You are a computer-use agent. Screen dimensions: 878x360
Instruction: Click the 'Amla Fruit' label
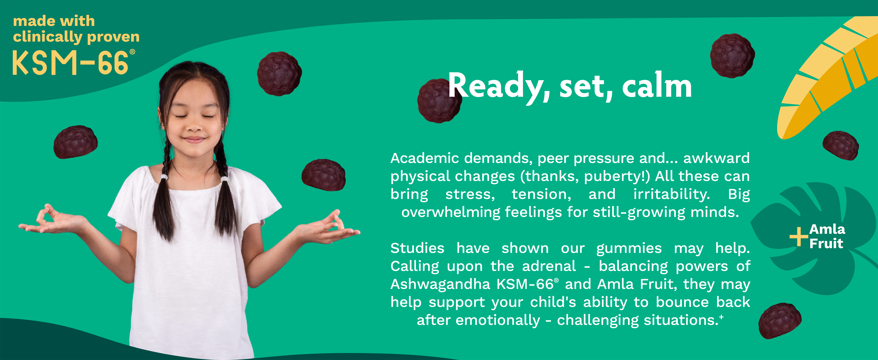click(827, 236)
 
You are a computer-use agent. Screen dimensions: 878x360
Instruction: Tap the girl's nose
click(194, 126)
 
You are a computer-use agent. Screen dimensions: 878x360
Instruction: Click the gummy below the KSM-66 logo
click(76, 142)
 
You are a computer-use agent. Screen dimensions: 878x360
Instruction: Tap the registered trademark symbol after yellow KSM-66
click(132, 52)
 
